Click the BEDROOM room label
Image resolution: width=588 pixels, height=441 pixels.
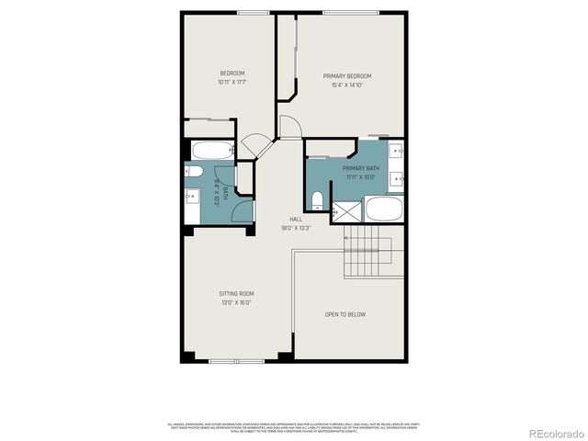tap(232, 73)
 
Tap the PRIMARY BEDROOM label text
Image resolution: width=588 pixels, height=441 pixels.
tap(346, 76)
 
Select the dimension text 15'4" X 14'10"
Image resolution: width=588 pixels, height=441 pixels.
tap(346, 85)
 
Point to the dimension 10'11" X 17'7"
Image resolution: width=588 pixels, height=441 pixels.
tap(232, 83)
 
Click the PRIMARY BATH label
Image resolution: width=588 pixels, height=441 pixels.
tap(360, 168)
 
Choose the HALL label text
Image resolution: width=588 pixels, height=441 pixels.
tap(296, 219)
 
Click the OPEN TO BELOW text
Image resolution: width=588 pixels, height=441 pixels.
tap(345, 314)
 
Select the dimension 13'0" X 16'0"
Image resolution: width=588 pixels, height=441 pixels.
tap(235, 302)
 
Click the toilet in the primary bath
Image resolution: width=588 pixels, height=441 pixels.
tap(317, 198)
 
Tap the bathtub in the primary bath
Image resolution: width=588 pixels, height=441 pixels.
tap(382, 209)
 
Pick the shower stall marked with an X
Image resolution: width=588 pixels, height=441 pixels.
tap(345, 212)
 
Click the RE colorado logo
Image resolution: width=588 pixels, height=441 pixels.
tap(548, 433)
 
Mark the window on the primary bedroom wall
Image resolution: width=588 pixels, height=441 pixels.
tap(350, 12)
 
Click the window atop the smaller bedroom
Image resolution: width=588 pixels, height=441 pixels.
tap(252, 12)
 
